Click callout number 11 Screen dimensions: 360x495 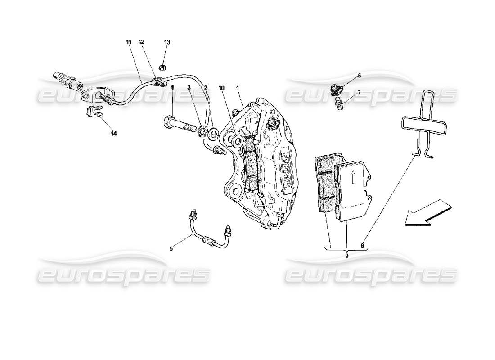[129, 42]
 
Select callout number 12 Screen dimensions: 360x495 [141, 42]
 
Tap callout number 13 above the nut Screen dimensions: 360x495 [167, 42]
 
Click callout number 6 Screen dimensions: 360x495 [359, 76]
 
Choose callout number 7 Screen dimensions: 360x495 [359, 92]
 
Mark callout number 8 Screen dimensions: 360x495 [363, 246]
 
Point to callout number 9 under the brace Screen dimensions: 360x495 [347, 255]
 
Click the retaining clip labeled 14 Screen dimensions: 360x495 [92, 111]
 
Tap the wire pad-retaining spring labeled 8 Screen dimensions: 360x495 [423, 121]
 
